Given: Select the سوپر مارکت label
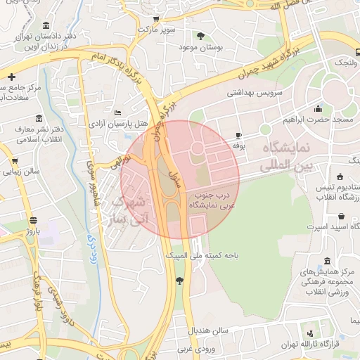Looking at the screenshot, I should (x=155, y=32).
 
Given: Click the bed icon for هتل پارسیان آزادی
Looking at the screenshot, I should (x=117, y=112).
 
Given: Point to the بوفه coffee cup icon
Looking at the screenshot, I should (x=238, y=135).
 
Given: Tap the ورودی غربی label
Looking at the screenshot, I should (x=194, y=348).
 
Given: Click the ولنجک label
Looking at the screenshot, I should (x=345, y=63).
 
